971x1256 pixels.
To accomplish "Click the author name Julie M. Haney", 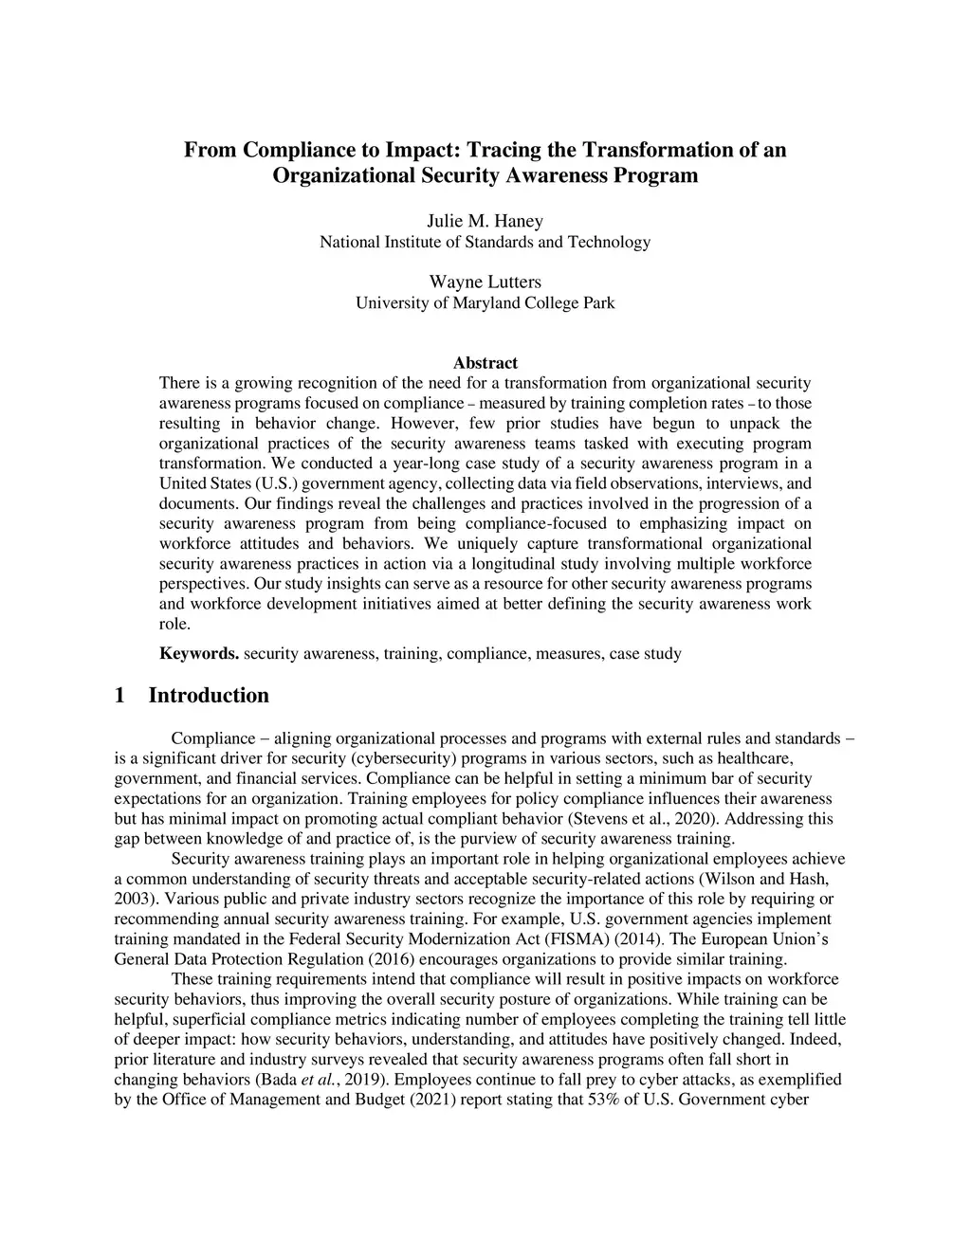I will (x=485, y=221).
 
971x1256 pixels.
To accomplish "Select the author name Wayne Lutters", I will (x=485, y=282).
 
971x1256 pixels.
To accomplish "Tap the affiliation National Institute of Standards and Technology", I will (x=485, y=242).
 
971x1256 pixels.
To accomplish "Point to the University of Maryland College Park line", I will (x=485, y=303).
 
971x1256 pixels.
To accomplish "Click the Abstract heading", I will (x=485, y=363).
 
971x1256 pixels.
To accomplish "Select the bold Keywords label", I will (x=199, y=654).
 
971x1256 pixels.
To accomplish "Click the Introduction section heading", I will (x=209, y=696).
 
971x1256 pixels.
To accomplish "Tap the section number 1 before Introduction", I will (x=119, y=696).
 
